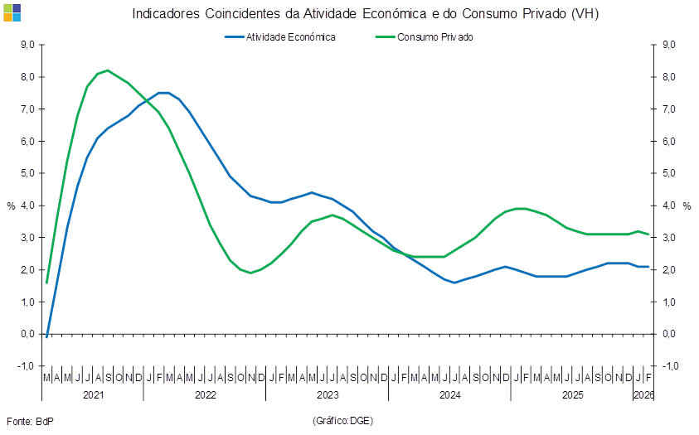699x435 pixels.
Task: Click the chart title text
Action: tap(365, 13)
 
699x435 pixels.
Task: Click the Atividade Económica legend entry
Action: tap(290, 37)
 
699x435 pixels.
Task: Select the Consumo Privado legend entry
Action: tap(434, 37)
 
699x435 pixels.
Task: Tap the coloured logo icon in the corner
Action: tap(12, 12)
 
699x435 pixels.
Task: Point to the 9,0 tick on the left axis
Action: tap(27, 45)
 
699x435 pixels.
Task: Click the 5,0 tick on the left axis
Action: tap(27, 173)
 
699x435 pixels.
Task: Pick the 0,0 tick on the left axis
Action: tap(27, 334)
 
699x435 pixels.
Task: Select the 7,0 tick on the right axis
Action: tap(670, 109)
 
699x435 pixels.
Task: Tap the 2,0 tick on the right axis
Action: tap(670, 270)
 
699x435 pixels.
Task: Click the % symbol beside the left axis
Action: tap(11, 205)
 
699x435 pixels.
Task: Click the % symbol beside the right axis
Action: tap(687, 205)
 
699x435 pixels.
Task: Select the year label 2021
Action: tap(92, 395)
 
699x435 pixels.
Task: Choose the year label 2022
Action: tap(205, 395)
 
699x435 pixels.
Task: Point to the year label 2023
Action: tap(328, 395)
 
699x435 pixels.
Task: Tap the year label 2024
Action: tap(449, 395)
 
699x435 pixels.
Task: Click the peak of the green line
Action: tap(107, 70)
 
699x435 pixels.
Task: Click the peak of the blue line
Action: tap(163, 92)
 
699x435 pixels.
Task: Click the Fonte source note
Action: tap(30, 421)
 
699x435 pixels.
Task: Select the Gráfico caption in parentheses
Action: tap(342, 421)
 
